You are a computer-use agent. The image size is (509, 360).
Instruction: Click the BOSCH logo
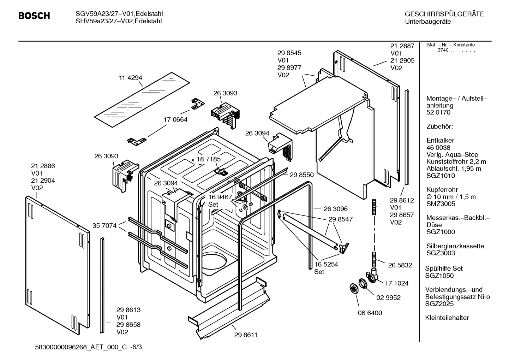click(x=34, y=16)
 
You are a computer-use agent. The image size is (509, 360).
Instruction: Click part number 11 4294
click(x=130, y=78)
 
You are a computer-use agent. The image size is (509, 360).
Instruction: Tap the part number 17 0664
click(x=175, y=119)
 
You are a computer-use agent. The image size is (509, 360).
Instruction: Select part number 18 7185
click(x=209, y=159)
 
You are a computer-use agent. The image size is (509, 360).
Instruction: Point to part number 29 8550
click(x=301, y=175)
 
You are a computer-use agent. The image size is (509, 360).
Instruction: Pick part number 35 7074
click(x=104, y=225)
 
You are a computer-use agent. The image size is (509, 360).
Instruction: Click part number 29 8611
click(x=246, y=335)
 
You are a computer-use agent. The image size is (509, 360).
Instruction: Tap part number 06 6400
click(x=370, y=313)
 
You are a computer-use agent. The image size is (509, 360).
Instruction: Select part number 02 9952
click(x=388, y=297)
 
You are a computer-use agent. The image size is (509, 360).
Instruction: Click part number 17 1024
click(x=396, y=283)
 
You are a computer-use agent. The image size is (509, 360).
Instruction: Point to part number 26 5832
click(x=400, y=265)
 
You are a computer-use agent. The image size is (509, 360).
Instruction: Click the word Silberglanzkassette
click(x=455, y=246)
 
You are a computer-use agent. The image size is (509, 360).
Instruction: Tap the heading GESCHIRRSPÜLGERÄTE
click(x=444, y=14)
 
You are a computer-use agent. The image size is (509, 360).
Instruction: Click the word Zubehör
click(x=440, y=126)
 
